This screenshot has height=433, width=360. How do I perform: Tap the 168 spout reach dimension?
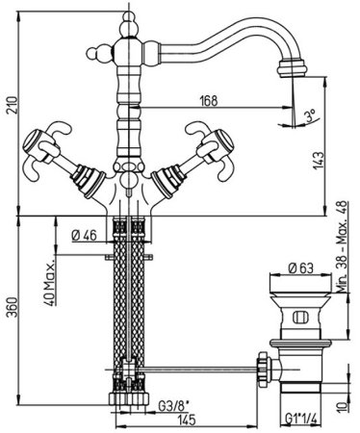click(209, 101)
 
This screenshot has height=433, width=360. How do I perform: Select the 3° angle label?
click(311, 115)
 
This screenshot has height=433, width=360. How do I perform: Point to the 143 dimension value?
click(319, 161)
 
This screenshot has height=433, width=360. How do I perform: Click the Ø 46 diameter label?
click(85, 236)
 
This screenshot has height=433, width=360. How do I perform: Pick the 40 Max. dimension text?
click(49, 281)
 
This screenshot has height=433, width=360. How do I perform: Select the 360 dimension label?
click(13, 307)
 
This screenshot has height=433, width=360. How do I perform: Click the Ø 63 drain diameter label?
click(301, 268)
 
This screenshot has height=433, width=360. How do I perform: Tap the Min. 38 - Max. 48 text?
click(343, 246)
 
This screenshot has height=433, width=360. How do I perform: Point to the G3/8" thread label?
click(172, 407)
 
